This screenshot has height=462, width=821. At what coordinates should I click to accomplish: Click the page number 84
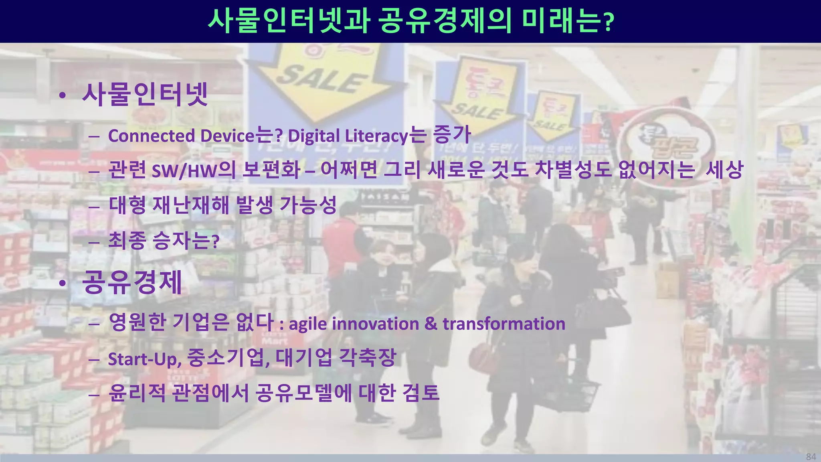click(x=811, y=457)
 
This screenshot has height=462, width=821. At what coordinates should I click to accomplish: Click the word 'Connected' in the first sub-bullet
click(x=152, y=136)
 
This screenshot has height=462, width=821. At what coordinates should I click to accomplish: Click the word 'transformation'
click(x=504, y=324)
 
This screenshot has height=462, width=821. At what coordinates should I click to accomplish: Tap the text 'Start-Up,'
click(x=145, y=359)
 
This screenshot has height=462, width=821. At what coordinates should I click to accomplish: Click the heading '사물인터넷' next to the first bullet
click(x=145, y=95)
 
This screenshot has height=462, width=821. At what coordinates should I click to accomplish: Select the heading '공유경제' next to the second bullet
click(x=132, y=282)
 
